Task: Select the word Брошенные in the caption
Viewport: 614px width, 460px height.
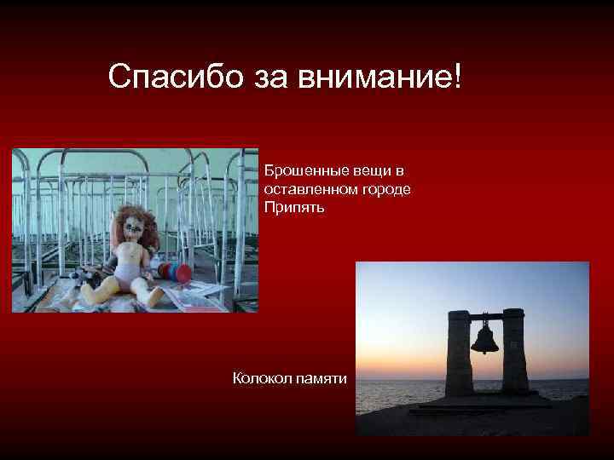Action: coord(301,170)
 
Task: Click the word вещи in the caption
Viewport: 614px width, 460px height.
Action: coord(366,170)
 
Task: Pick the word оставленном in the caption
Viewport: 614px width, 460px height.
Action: coord(307,188)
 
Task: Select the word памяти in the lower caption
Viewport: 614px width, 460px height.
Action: coord(321,377)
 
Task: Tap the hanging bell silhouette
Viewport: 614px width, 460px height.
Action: coord(484,339)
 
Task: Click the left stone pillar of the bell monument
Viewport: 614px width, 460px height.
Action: coord(457,354)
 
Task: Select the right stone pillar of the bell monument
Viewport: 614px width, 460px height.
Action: coord(515,352)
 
